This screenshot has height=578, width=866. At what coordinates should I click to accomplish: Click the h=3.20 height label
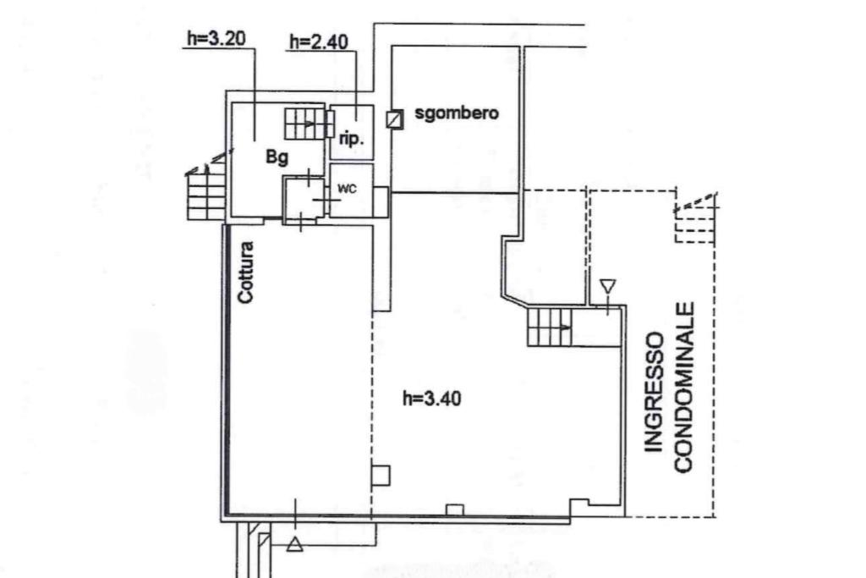coord(209,39)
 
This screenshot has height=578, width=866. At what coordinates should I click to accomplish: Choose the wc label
coord(347,189)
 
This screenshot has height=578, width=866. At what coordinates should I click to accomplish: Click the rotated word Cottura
coord(245,273)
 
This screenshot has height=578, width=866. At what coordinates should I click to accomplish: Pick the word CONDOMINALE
coord(684,388)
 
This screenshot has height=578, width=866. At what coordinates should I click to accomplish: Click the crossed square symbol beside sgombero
coord(393,119)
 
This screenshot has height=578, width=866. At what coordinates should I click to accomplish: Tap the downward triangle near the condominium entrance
coord(607,286)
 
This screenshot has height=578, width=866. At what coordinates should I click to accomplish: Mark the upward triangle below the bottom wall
coord(294,544)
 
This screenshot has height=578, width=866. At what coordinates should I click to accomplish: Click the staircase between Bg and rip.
coord(304,124)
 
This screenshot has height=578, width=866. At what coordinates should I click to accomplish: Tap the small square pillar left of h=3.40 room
coord(381,475)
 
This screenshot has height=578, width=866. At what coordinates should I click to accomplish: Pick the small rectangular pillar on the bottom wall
coord(454,509)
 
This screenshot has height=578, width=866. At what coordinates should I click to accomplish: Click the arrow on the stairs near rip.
coord(310,124)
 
